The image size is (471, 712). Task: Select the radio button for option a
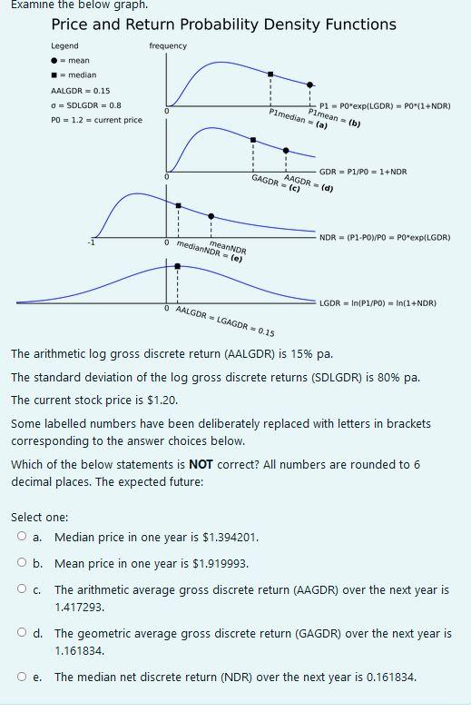(22, 537)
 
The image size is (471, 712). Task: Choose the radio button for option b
(22, 563)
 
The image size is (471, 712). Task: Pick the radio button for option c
(22, 589)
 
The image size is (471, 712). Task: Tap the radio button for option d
(22, 633)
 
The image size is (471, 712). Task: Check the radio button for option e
(22, 677)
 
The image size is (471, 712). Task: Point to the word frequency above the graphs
(168, 46)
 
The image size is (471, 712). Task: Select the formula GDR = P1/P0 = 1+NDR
(363, 172)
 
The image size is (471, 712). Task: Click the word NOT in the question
(202, 465)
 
